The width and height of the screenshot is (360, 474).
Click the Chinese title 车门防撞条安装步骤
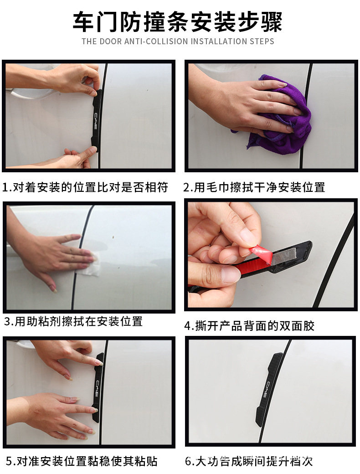(178, 21)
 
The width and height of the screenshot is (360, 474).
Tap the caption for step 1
(86, 187)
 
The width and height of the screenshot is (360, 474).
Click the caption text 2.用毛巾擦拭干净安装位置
(254, 187)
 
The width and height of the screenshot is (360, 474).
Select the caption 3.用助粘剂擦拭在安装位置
(73, 321)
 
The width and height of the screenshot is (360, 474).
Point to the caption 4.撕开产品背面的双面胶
(249, 326)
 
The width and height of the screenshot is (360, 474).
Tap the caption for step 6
(249, 461)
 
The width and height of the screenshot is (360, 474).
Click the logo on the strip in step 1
(96, 120)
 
